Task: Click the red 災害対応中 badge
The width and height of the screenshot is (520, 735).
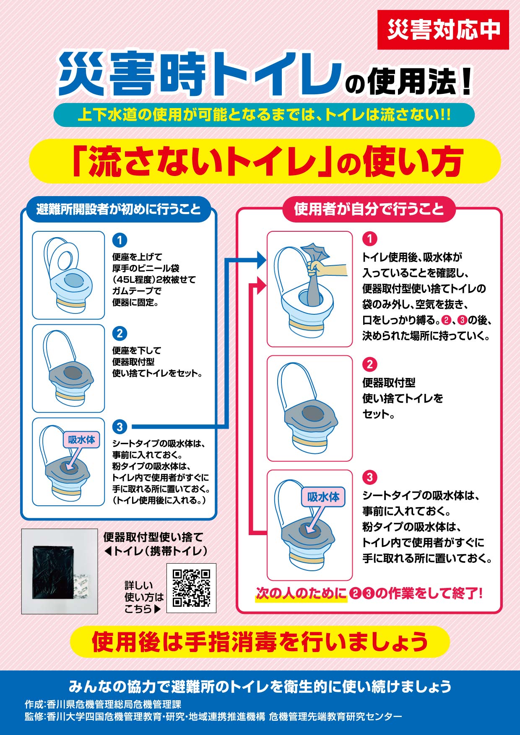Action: (443, 30)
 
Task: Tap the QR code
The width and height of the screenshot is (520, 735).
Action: (191, 588)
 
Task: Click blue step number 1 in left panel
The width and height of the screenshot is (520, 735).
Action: (120, 240)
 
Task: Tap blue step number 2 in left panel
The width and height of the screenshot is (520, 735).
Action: (120, 334)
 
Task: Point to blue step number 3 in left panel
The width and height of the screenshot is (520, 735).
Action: (120, 427)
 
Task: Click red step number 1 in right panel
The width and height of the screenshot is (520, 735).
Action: (369, 239)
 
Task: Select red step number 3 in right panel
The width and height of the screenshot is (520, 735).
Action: (369, 477)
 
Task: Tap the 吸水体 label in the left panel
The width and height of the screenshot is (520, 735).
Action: (81, 440)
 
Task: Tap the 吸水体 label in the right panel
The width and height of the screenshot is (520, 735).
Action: (323, 497)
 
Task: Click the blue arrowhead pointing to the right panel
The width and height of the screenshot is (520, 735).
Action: (262, 260)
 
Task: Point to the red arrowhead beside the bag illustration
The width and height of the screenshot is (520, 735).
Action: (262, 285)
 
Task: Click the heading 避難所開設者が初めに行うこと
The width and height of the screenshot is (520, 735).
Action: (119, 209)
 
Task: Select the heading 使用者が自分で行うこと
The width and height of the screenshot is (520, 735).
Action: (369, 209)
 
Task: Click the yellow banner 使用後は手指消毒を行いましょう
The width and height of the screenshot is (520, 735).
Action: (260, 642)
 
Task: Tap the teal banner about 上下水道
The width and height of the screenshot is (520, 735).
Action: (264, 115)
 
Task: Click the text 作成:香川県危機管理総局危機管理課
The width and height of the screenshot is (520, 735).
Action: (103, 704)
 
